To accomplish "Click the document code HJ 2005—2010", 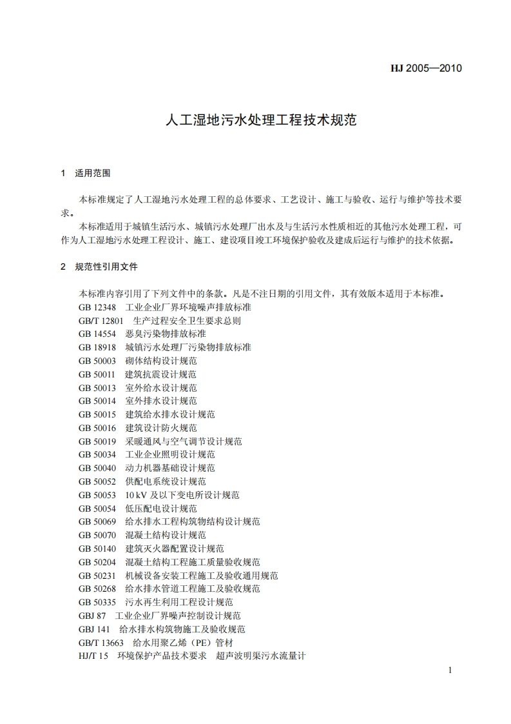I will point(427,68).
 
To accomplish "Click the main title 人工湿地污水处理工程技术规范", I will point(261,121).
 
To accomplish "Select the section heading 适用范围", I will point(93,173).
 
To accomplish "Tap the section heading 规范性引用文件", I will point(106,266).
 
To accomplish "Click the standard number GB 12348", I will point(97,307).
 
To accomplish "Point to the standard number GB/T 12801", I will point(101,320).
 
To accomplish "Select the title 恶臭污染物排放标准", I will point(166,334).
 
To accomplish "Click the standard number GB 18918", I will point(97,347).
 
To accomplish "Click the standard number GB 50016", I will point(97,428).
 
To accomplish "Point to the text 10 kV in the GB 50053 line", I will point(134,495).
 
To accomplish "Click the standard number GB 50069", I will point(97,521).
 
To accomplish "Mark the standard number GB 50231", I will point(97,576).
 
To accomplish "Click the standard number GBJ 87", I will point(92,616).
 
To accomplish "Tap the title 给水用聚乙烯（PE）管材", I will point(183,643).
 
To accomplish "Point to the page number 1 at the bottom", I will point(450,670).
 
